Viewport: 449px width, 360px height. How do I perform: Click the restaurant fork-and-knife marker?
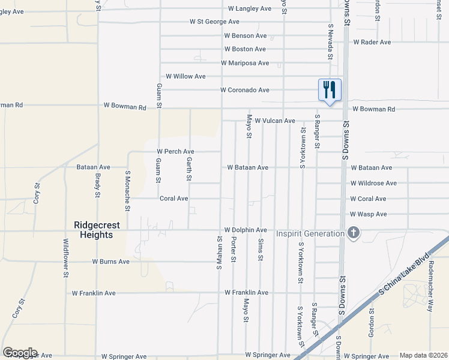(330, 90)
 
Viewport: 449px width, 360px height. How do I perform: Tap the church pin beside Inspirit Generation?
(354, 232)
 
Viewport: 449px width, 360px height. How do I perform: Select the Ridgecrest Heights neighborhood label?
(97, 230)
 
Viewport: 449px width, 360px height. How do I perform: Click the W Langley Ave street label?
(250, 9)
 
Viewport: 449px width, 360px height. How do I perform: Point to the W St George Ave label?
(214, 22)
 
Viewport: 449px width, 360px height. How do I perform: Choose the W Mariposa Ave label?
(245, 62)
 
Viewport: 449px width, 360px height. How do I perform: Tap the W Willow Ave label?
(185, 77)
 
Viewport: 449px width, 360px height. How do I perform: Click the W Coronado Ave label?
(244, 90)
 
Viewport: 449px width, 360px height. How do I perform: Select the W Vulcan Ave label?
(275, 121)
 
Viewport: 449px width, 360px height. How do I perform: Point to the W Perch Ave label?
(175, 152)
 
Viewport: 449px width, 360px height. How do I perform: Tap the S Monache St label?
(128, 190)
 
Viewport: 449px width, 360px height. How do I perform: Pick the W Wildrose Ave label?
(373, 183)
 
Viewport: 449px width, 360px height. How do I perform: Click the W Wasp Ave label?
(369, 214)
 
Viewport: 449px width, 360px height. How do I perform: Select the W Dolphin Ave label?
(246, 230)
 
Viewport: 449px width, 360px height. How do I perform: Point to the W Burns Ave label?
(110, 262)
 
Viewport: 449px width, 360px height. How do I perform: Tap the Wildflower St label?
(66, 258)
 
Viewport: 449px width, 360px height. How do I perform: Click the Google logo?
(20, 353)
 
